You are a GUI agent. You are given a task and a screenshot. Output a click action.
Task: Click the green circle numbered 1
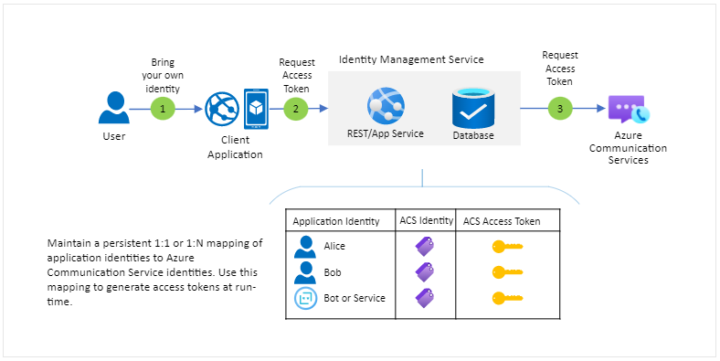[x=162, y=108]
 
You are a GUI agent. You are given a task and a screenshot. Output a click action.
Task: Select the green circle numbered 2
[x=295, y=108]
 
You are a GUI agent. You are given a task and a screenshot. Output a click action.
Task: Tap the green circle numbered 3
[x=559, y=108]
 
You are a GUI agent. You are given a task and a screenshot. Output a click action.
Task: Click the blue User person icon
[x=113, y=107]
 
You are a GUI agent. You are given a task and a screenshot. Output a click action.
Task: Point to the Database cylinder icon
[x=472, y=108]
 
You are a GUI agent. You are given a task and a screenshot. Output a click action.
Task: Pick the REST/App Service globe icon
[x=386, y=107]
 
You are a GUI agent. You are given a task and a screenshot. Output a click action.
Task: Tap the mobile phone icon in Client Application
[x=256, y=108]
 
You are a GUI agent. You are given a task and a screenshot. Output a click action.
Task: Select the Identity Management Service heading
[x=411, y=59]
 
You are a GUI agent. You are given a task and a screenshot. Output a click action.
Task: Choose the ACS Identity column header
[x=424, y=220]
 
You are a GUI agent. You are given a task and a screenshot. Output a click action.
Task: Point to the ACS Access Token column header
[x=502, y=220]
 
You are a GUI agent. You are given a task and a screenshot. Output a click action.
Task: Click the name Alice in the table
[x=336, y=246]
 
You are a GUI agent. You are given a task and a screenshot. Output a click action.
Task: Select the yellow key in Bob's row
[x=505, y=272]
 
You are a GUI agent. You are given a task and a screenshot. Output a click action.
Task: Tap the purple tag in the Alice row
[x=425, y=246]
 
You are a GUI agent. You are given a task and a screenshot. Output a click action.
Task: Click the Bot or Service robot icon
[x=303, y=298]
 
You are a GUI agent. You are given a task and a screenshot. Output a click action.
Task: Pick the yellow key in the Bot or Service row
[x=505, y=298]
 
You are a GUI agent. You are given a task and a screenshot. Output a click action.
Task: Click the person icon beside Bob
[x=303, y=272]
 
